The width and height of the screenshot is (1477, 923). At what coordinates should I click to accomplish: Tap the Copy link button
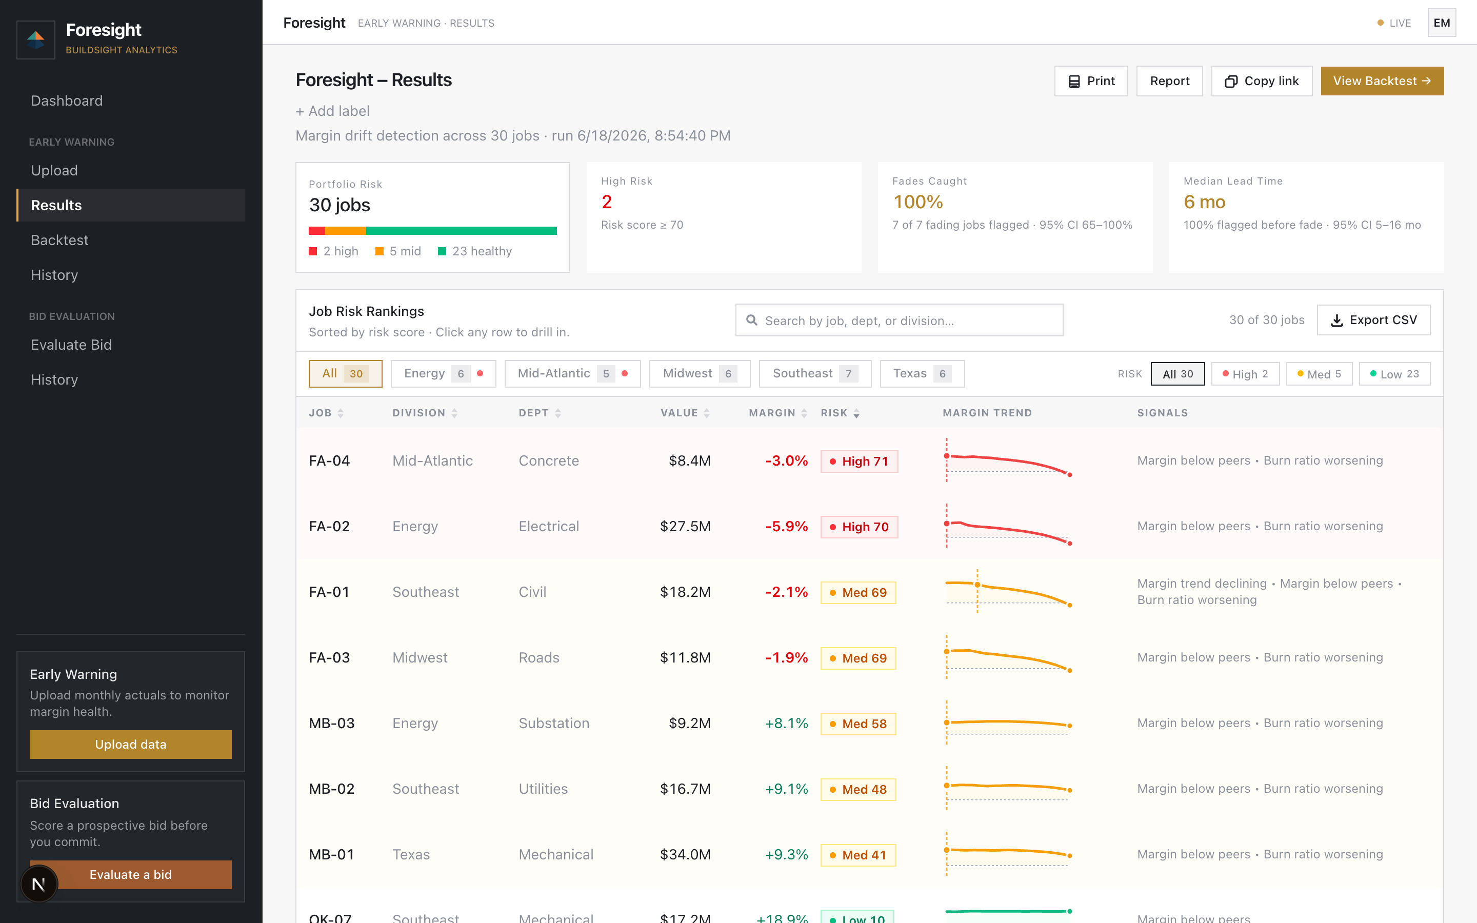[x=1262, y=81]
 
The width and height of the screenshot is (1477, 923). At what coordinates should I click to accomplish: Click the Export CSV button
[x=1373, y=320]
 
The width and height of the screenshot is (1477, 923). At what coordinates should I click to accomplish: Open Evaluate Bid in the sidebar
[x=71, y=345]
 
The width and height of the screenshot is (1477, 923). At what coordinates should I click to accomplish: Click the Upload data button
[x=131, y=744]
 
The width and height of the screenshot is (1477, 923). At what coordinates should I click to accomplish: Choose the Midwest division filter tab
[x=700, y=374]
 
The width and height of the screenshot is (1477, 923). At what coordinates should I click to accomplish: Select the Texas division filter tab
[x=922, y=374]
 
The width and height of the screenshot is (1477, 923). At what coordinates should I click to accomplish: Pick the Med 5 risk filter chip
[x=1319, y=374]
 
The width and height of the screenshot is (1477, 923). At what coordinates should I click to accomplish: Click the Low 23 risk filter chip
[x=1394, y=374]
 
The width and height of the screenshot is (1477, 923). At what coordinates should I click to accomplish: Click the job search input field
[x=899, y=320]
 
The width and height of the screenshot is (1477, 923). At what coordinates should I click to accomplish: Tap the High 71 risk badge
[x=859, y=461]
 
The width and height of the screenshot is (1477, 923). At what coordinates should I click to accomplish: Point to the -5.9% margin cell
[x=786, y=526]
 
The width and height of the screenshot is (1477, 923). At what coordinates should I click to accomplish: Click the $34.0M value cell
[x=685, y=855]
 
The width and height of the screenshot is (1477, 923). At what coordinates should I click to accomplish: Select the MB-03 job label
[x=331, y=724]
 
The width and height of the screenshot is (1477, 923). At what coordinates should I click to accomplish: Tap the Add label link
[x=333, y=111]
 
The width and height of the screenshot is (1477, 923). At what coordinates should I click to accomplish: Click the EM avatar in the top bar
[x=1442, y=23]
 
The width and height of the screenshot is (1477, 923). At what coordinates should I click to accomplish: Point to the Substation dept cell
[x=553, y=724]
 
